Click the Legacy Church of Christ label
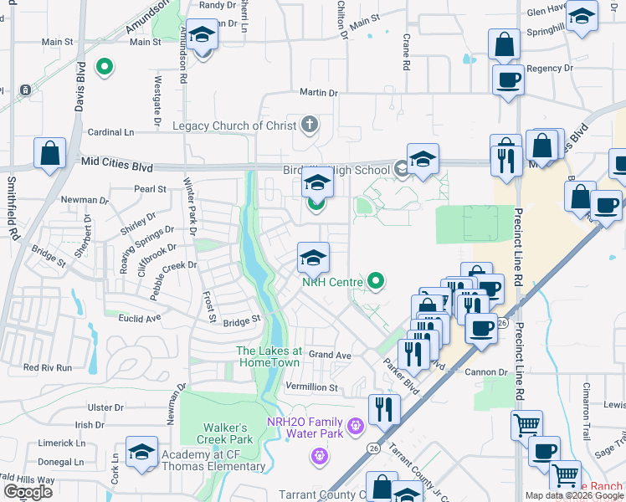point(234,126)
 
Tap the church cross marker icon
point(310,126)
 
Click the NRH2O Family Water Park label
point(305,428)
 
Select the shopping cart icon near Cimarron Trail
point(526,426)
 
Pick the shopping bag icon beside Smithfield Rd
point(49,154)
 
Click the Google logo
point(28,492)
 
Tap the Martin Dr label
point(319,93)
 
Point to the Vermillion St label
point(311,388)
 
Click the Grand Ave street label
point(330,355)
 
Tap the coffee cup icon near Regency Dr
point(508,81)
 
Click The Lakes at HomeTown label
point(269,356)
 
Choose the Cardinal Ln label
point(111,132)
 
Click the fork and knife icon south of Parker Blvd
point(383,409)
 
